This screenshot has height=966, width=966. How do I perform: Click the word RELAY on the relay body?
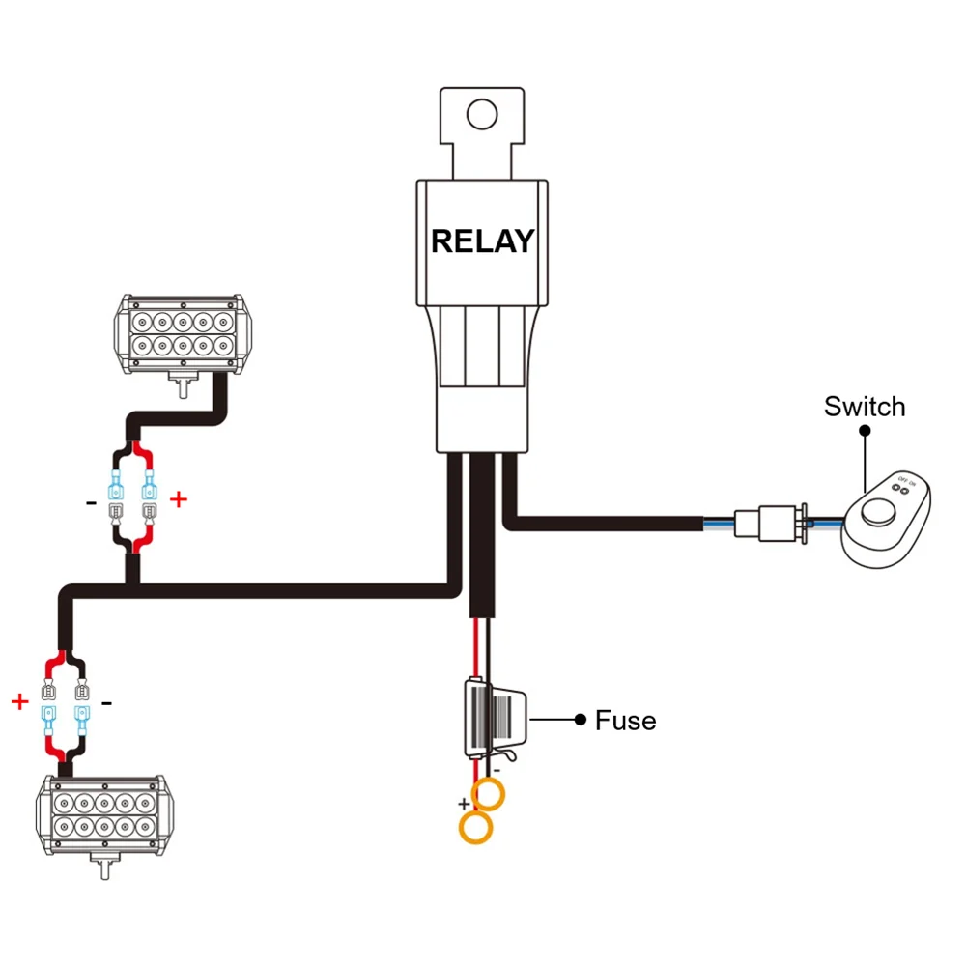tap(482, 241)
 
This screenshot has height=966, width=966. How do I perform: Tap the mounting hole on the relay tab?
tap(482, 114)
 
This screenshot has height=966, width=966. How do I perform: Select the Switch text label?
tap(865, 407)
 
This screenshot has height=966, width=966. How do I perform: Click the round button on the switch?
tap(878, 513)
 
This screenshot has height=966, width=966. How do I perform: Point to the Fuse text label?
tap(625, 721)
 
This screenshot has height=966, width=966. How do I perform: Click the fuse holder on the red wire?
tap(496, 719)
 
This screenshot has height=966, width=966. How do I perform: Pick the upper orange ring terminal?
tap(488, 794)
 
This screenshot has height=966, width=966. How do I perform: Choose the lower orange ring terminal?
tap(475, 828)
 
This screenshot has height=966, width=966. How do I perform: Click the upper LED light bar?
tap(183, 334)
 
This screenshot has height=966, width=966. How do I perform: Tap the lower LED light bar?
tap(104, 815)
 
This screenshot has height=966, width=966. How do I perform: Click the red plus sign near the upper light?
tap(178, 499)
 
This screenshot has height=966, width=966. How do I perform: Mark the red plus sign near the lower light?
tap(19, 701)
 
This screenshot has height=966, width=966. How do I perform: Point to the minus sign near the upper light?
tap(91, 503)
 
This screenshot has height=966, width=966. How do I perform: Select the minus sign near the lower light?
tap(106, 703)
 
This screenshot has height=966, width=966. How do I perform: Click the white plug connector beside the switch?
tap(770, 523)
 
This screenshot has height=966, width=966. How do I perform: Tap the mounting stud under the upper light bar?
tap(183, 386)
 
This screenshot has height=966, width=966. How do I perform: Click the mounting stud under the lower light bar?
tap(105, 867)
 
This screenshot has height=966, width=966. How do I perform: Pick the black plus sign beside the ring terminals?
tap(464, 804)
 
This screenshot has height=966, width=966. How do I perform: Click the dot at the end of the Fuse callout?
tap(580, 719)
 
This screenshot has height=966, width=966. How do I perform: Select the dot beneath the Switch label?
tap(865, 431)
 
